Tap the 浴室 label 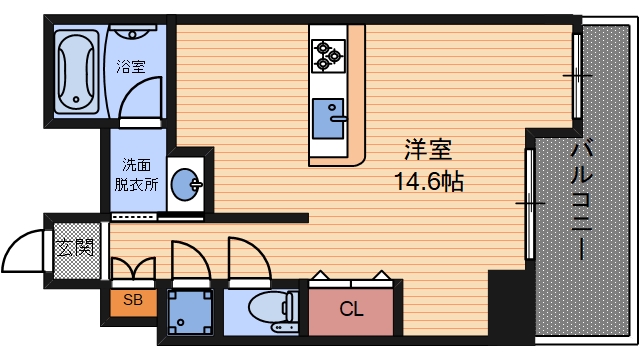point(130,68)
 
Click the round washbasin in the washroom point(186,184)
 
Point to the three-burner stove point(328,56)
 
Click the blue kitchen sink point(328,118)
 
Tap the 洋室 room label point(428,150)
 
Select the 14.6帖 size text point(428,183)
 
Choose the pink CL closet point(350,309)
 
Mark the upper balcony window point(577,76)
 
